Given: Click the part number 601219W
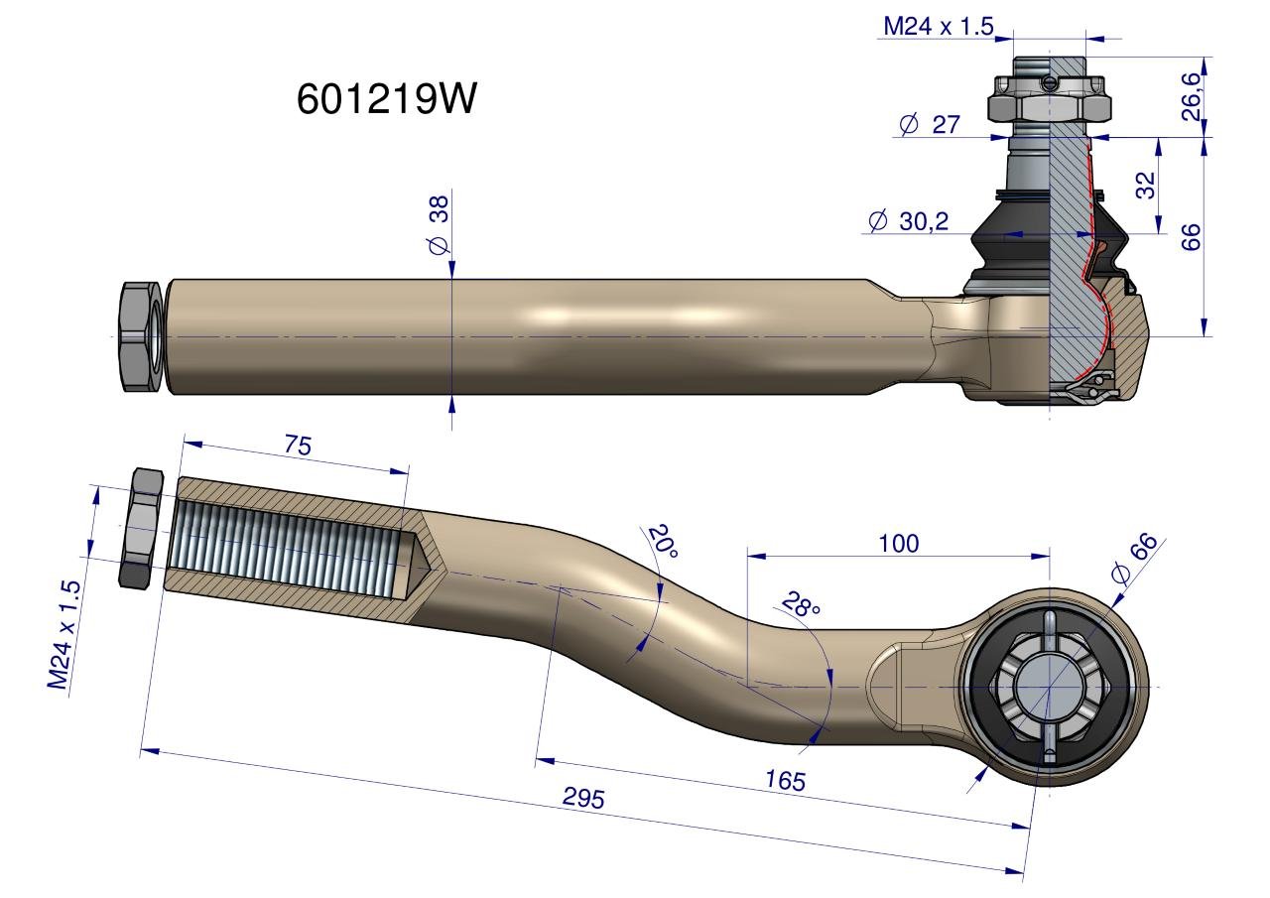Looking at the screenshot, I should click(387, 98).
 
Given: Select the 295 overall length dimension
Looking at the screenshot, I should click(583, 799).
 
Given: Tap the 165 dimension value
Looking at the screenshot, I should click(784, 780).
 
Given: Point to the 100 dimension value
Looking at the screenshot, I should click(898, 543).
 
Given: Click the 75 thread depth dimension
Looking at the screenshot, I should click(298, 446).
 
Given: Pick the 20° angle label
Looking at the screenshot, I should click(661, 544).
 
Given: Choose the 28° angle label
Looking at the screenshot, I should click(801, 605).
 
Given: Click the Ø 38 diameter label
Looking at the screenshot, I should click(439, 222).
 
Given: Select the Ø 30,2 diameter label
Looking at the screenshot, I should click(908, 221).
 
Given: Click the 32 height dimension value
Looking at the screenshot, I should click(1146, 185).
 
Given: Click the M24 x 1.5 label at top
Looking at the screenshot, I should click(938, 27).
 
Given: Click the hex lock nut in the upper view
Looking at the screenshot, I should click(140, 336).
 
